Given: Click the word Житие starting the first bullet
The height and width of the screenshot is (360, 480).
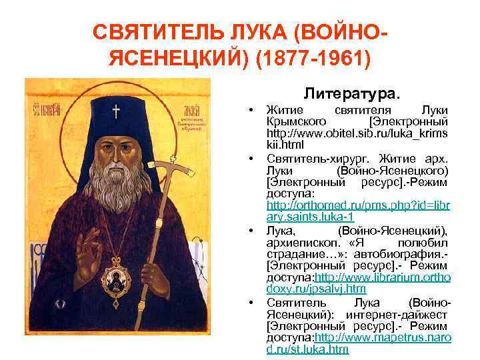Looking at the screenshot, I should coord(285,110).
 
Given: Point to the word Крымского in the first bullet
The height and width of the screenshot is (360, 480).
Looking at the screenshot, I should coord(295,122).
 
